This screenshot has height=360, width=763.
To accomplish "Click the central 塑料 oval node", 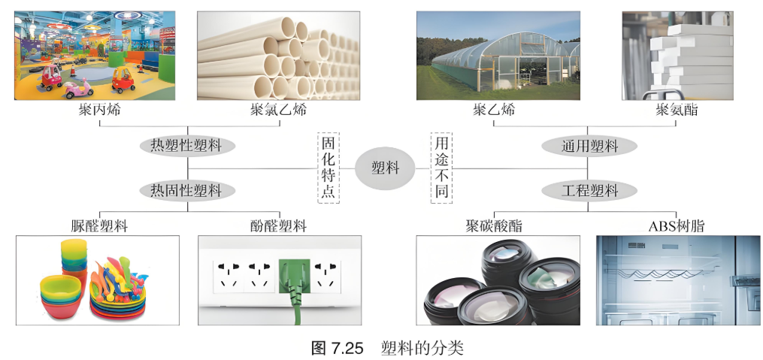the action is (x=385, y=168).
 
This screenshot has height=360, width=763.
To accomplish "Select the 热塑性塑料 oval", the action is (x=187, y=146).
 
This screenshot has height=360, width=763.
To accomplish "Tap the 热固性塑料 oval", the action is (x=187, y=190).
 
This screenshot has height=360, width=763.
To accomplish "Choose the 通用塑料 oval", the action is (x=589, y=146).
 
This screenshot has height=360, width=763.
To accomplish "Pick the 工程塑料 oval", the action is (x=589, y=190).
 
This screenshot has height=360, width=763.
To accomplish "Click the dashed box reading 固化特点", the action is (x=329, y=168).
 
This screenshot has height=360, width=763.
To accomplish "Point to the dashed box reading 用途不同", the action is (x=441, y=168).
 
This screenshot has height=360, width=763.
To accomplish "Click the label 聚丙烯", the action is (x=99, y=110).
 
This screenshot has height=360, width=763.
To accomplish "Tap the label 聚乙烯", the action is (x=493, y=110).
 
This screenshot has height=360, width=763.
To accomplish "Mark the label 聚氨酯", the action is (x=677, y=110).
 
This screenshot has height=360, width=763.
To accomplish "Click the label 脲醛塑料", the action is (x=99, y=225).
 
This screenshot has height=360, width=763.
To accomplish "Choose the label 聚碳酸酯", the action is (x=493, y=225).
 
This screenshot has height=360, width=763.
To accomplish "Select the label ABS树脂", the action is (x=677, y=225).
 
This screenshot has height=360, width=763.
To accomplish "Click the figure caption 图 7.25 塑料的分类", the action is (x=387, y=348).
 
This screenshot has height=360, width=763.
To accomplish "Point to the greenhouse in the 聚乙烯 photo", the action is (x=504, y=61).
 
